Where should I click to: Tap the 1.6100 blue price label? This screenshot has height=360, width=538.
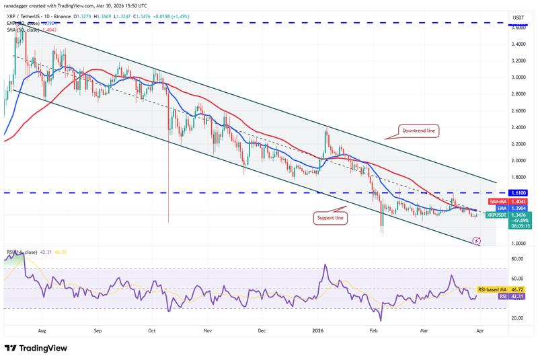pyautogui.click(x=517, y=192)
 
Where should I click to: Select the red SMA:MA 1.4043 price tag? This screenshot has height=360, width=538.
pyautogui.click(x=517, y=201)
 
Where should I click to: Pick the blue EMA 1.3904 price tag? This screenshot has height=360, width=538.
pyautogui.click(x=517, y=208)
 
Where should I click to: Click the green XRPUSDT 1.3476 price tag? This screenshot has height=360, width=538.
pyautogui.click(x=517, y=215)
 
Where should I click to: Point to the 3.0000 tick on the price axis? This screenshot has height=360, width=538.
pyautogui.click(x=517, y=77)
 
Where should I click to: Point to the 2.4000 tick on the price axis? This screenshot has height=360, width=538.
pyautogui.click(x=517, y=127)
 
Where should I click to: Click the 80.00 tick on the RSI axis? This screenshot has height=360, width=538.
pyautogui.click(x=517, y=258)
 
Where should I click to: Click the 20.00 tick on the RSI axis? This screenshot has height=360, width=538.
pyautogui.click(x=517, y=318)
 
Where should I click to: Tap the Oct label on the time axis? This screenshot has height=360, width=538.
pyautogui.click(x=152, y=331)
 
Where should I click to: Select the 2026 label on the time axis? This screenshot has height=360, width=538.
pyautogui.click(x=317, y=331)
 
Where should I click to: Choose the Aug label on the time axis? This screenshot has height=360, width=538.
pyautogui.click(x=42, y=331)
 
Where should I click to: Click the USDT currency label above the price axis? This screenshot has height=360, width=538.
pyautogui.click(x=518, y=17)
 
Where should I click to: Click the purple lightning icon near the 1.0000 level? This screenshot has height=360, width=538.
pyautogui.click(x=477, y=240)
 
